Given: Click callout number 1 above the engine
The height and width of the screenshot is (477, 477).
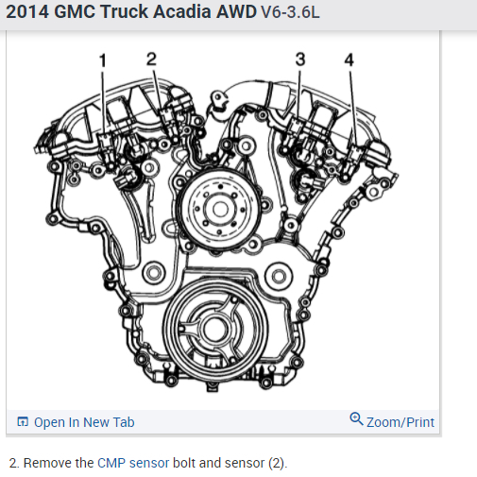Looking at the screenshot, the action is coord(103,60).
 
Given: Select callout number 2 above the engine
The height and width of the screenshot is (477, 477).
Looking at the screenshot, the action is coord(151,59).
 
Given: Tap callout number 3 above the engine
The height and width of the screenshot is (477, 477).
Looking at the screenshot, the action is coord(300,60).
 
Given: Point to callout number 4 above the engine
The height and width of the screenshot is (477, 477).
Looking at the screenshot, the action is coord(349,60).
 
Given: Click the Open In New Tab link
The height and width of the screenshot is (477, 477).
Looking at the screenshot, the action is coord(84,422).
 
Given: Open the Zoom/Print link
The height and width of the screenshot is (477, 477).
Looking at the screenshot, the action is coord(400,422).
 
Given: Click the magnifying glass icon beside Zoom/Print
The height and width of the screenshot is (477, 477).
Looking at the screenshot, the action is coord(356,419).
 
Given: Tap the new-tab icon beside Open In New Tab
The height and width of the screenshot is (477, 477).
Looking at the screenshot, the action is coord(23,421).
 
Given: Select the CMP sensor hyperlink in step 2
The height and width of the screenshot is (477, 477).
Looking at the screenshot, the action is coord(133,463).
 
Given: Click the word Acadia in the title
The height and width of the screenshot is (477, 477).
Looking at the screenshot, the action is coord(182,11).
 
